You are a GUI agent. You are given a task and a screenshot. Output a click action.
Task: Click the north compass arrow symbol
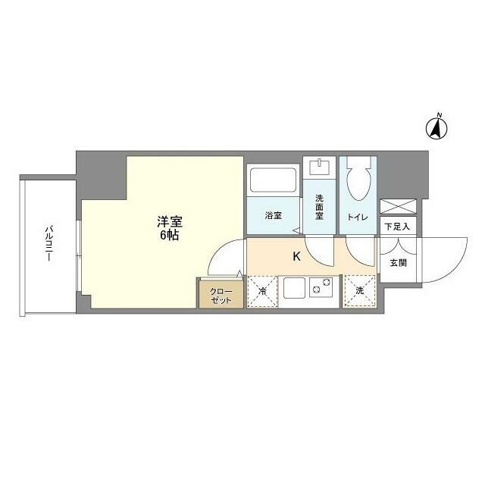[437, 128]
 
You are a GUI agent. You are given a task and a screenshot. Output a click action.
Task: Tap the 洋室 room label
[169, 222]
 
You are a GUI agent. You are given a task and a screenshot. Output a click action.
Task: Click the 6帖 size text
[169, 236]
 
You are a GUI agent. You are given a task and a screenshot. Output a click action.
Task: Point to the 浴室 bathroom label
[273, 216]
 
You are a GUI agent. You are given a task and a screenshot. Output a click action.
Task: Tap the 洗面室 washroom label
[320, 208]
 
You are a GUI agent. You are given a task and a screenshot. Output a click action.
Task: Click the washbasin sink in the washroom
[320, 165]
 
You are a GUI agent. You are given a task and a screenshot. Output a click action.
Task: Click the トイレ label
[358, 217]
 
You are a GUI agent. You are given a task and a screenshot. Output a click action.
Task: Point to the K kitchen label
[297, 256]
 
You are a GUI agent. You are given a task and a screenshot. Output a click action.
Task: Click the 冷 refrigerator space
[262, 292]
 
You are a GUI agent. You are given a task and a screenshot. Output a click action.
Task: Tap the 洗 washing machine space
[358, 292]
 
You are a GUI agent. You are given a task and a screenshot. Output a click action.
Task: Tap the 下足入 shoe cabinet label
[397, 226]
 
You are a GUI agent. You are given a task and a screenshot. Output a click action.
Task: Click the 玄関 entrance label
[398, 264]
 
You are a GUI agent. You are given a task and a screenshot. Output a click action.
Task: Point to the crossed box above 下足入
[398, 205]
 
